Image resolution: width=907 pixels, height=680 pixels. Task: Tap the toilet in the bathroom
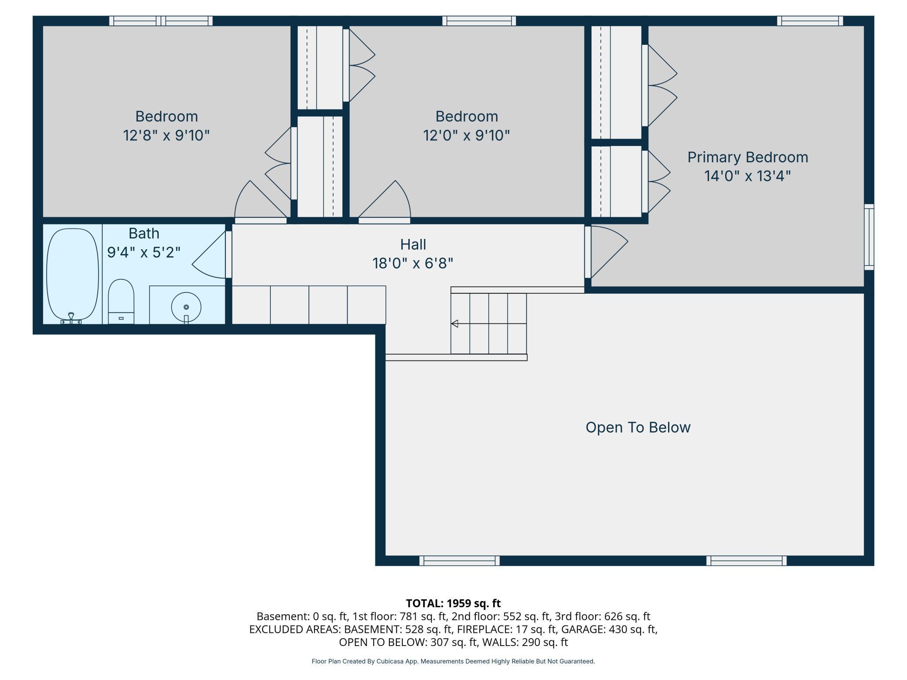121,302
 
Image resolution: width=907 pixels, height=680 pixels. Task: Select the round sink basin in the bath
186,307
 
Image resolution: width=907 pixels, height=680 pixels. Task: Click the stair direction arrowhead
454,323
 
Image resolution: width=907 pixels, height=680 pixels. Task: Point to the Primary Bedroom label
747,157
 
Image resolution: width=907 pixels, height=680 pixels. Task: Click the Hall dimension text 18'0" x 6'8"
413,263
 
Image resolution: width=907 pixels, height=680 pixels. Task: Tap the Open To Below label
638,427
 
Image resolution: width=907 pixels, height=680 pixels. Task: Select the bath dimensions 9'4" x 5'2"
143,252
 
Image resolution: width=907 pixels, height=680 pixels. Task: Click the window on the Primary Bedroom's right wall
869,237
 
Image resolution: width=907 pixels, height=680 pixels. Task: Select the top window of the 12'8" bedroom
160,20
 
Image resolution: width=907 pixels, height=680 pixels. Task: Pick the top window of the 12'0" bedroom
479,20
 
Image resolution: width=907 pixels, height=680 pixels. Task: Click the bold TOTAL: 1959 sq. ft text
453,603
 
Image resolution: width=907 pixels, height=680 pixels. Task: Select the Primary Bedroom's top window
810,20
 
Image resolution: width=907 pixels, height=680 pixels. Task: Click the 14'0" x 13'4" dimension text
747,176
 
